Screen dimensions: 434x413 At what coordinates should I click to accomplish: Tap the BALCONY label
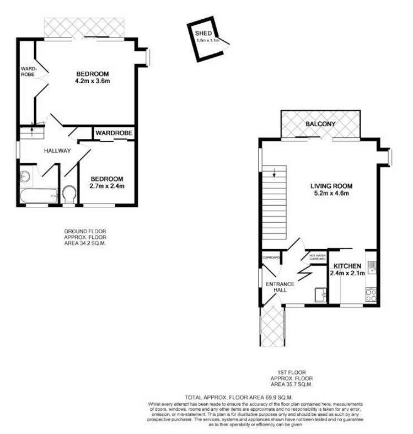pos(320,124)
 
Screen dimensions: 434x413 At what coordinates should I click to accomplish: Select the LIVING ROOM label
pos(330,186)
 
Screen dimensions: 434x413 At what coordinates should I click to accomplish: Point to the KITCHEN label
pos(347,266)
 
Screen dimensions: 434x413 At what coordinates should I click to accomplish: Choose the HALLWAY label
pos(57,151)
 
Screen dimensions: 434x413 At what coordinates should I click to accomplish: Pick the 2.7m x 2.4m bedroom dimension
pos(108,186)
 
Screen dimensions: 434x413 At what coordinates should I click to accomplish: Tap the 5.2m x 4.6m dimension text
pos(330,194)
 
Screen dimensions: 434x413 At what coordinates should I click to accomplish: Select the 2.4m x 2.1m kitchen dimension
pos(347,274)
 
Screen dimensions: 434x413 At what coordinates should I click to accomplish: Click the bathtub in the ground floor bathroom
pos(38,196)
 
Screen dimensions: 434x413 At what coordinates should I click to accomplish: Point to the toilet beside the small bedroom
pos(69,194)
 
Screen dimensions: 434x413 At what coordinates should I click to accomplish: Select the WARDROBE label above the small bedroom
pos(112,133)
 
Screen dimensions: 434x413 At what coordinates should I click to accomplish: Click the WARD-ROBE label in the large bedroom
pos(28,72)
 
